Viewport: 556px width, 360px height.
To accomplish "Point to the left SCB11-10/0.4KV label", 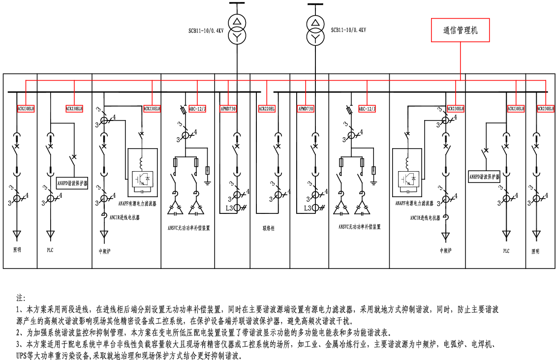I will pyautogui.click(x=206, y=30).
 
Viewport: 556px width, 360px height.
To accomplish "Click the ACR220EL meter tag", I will pyautogui.click(x=267, y=108).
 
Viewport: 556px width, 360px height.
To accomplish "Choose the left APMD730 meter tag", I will pyautogui.click(x=228, y=108).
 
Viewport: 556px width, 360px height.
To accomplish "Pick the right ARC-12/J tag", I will pyautogui.click(x=367, y=108).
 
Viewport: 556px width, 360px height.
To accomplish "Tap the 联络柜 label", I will pyautogui.click(x=268, y=228).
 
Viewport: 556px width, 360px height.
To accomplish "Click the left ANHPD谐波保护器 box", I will pyautogui.click(x=73, y=183).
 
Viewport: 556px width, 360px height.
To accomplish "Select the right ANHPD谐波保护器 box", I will pyautogui.click(x=484, y=177).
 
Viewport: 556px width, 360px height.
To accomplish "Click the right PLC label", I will pyautogui.click(x=506, y=251).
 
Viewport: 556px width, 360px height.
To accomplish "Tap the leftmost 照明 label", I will pyautogui.click(x=17, y=250).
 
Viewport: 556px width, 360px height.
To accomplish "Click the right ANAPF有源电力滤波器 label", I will pyautogui.click(x=414, y=203).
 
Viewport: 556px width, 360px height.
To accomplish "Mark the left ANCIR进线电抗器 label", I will pyautogui.click(x=124, y=217).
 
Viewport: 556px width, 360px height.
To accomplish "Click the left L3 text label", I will pyautogui.click(x=227, y=208).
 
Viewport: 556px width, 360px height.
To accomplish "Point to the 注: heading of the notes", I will pyautogui.click(x=21, y=298).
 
